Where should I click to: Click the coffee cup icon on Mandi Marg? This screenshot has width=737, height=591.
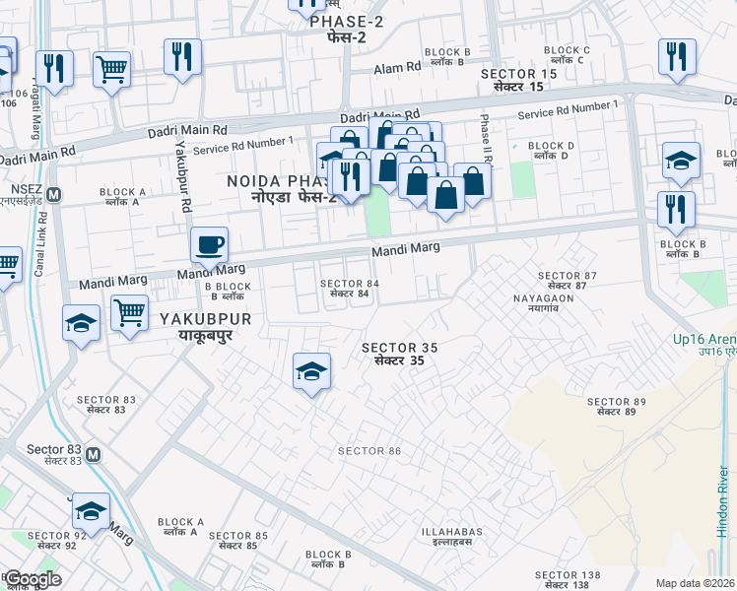click(x=209, y=245)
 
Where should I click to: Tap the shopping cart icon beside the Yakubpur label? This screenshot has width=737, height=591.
click(x=130, y=313)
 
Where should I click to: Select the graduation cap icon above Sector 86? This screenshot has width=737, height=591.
click(x=312, y=371)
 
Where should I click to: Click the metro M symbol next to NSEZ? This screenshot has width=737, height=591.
click(x=52, y=194)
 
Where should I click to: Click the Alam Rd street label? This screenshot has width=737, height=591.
click(x=398, y=69)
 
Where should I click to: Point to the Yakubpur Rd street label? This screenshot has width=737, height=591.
click(x=183, y=177)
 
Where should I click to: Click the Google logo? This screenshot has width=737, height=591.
click(x=33, y=579)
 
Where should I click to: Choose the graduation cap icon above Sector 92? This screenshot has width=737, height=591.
click(x=91, y=510)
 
